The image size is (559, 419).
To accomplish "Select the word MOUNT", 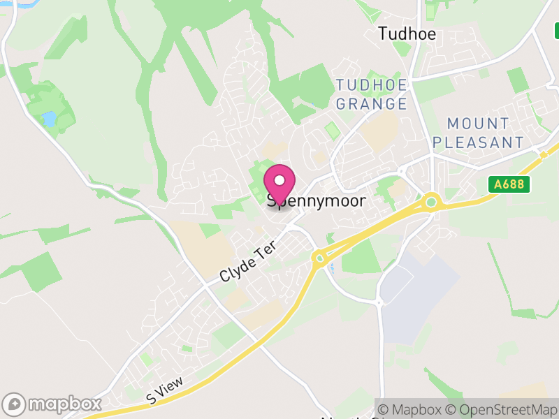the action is coord(478,124).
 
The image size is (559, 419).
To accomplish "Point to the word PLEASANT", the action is coord(478,142).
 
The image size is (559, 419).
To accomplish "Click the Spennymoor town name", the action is coord(317,200).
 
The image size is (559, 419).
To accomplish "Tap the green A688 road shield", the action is coord(509,184).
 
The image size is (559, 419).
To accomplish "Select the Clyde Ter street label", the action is coord(248,264).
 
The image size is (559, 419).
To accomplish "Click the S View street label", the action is coord(165,389).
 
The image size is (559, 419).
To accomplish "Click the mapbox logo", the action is coord(52,404).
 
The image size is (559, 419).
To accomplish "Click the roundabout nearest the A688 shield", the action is coord(431,203).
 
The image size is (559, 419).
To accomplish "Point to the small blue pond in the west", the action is coord(49,119).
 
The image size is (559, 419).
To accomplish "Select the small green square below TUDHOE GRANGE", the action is coord(332,130).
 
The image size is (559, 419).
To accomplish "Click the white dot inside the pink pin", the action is coord(279,180).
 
